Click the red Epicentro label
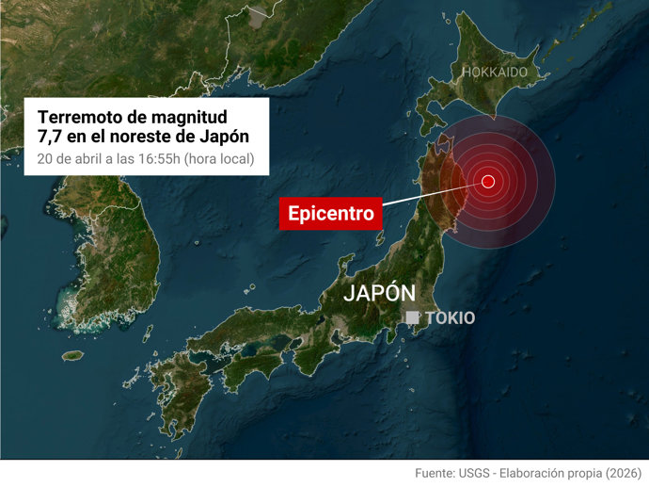click(x=331, y=214)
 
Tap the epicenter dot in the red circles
click(x=487, y=181)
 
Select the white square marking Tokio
click(x=412, y=318)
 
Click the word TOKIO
click(x=450, y=318)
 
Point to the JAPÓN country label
click(x=379, y=292)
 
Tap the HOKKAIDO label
click(x=494, y=72)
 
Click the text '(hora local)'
click(x=218, y=158)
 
